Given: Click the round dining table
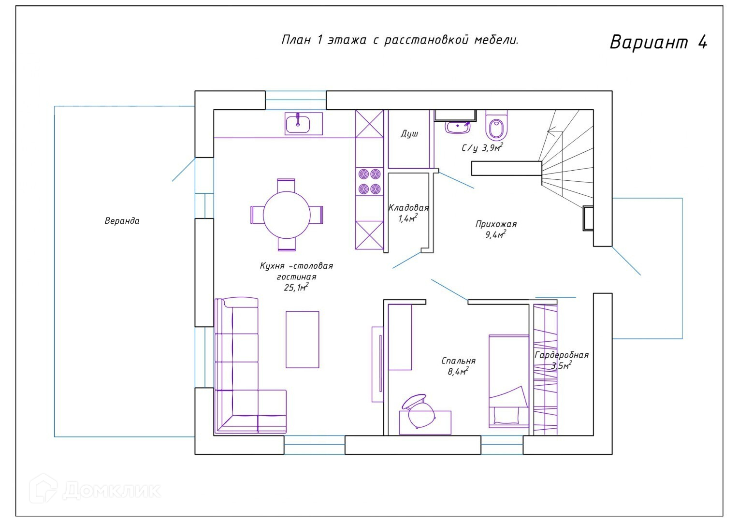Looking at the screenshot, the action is click(x=287, y=215).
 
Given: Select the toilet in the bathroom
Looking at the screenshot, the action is click(x=496, y=125).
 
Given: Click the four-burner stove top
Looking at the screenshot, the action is click(x=369, y=182).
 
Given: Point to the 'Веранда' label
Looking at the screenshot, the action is click(x=122, y=220).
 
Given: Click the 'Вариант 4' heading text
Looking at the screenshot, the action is click(x=658, y=42).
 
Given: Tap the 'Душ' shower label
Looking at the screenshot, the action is click(x=409, y=133).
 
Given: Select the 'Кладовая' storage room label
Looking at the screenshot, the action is click(x=408, y=208).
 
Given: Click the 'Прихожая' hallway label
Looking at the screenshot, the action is click(x=496, y=224).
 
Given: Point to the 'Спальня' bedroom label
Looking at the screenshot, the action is click(x=458, y=361).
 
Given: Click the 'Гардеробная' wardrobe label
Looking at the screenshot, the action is click(x=562, y=355).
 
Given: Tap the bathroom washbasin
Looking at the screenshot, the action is click(x=458, y=127).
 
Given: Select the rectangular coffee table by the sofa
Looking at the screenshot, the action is click(x=303, y=339).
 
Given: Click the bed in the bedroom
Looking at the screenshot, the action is click(x=509, y=381).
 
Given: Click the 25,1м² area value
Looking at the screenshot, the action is click(x=296, y=288).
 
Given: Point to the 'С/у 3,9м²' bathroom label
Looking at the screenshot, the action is click(x=482, y=147).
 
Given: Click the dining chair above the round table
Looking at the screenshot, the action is click(x=286, y=185).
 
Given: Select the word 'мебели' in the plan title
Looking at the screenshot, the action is click(x=496, y=40).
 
